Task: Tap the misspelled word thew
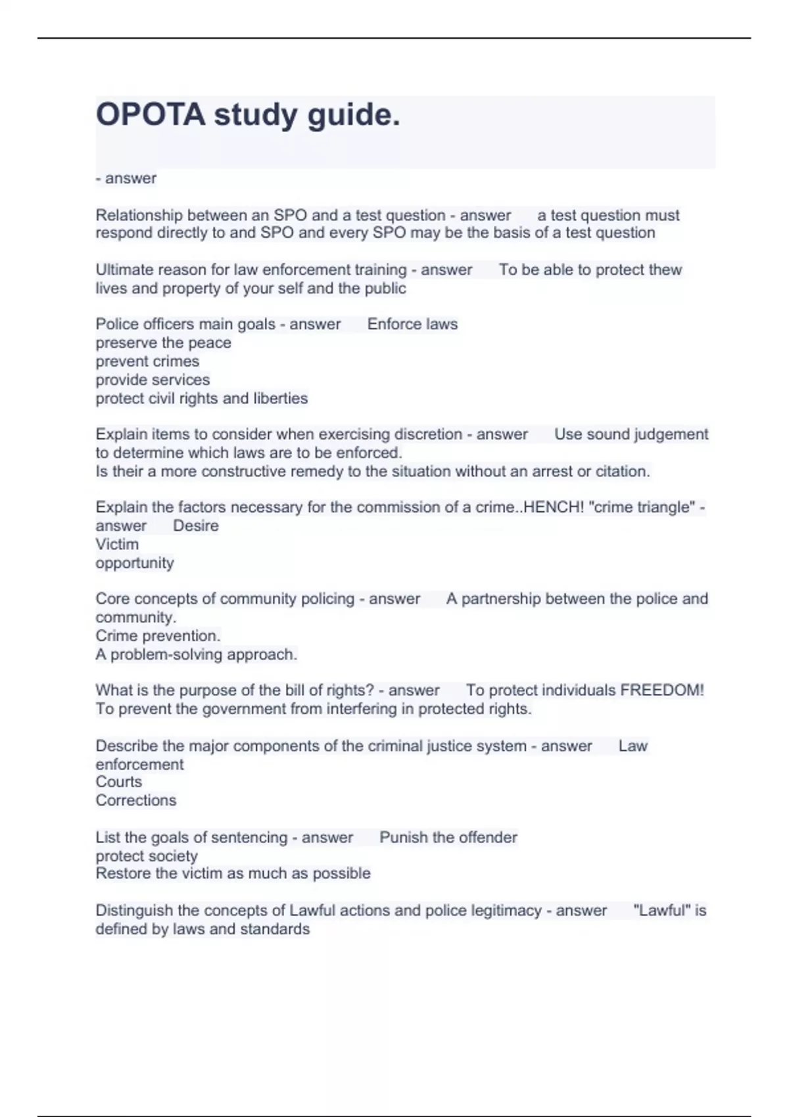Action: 665,270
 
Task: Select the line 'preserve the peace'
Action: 163,343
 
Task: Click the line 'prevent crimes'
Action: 147,361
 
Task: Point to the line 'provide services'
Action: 153,380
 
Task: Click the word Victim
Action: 117,544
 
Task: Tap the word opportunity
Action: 135,563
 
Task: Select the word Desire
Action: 196,526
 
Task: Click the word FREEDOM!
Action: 662,691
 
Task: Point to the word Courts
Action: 118,782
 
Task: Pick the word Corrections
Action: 136,800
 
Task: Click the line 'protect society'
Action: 147,856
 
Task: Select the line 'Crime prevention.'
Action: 158,636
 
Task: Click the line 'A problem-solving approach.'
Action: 196,654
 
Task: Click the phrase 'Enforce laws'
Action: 412,324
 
